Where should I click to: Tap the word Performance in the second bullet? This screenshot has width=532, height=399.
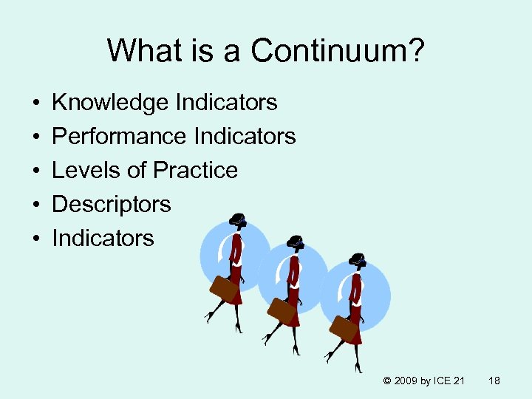coord(119,137)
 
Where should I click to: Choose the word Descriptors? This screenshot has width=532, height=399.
coord(112,204)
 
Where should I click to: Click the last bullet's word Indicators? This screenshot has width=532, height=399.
coord(103,238)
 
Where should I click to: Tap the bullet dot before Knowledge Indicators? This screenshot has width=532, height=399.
coord(35,103)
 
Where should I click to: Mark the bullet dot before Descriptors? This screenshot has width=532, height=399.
coord(35,205)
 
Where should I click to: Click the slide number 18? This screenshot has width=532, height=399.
coord(494,381)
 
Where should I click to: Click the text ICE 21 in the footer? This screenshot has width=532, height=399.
coord(449,381)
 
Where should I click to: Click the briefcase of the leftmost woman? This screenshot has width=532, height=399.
coord(224,289)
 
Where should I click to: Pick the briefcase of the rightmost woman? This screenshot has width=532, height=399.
coord(344,328)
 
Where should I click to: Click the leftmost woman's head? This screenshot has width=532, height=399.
coord(238,221)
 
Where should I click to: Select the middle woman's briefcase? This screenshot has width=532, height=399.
coord(282,310)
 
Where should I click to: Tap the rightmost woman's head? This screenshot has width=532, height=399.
coord(358,260)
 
